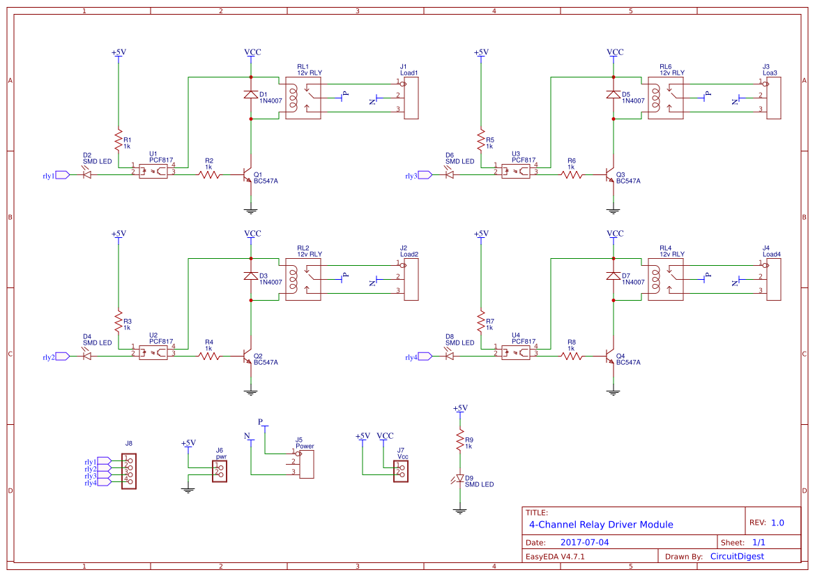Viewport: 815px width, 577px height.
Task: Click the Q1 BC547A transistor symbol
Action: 247,174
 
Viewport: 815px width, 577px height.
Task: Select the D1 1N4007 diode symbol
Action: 251,95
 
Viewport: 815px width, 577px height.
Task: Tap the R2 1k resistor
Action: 209,174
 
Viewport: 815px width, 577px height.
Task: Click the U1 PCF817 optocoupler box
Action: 153,170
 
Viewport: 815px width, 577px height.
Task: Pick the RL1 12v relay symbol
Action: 303,98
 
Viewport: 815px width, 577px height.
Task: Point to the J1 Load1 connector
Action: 411,98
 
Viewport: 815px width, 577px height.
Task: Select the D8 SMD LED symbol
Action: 450,356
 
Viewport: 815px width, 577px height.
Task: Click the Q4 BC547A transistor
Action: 610,356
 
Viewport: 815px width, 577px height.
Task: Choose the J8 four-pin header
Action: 128,471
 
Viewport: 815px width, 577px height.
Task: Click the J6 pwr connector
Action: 220,470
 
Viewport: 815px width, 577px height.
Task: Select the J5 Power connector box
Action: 306,464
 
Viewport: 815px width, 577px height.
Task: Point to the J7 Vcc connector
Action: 401,470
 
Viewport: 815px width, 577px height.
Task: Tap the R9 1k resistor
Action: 459,440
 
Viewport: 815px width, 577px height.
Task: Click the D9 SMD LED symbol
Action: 459,479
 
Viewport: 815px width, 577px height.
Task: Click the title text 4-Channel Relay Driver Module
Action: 601,525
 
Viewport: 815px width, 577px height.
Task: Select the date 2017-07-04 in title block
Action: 584,542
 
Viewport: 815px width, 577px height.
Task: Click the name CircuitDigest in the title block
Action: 736,556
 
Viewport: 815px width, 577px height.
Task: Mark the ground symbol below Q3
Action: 614,210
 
